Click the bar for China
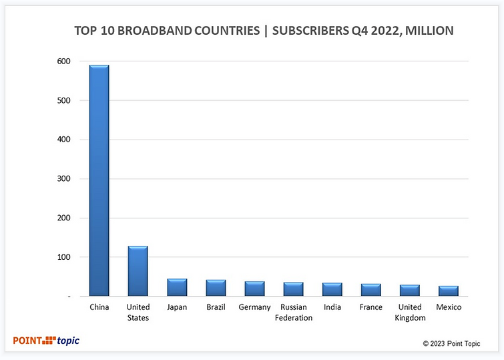point(99,180)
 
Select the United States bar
point(138,271)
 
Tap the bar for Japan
point(177,288)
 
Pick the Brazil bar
point(216,289)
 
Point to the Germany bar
point(254,289)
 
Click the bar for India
point(332,290)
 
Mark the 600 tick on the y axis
point(63,61)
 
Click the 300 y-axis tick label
point(63,179)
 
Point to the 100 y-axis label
point(63,257)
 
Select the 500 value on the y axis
point(63,101)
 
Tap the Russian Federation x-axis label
point(293,313)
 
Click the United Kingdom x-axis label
point(410,313)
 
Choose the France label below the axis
point(370,307)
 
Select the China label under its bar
point(99,307)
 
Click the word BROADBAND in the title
point(151,31)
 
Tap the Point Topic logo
point(46,341)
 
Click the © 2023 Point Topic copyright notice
point(451,343)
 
